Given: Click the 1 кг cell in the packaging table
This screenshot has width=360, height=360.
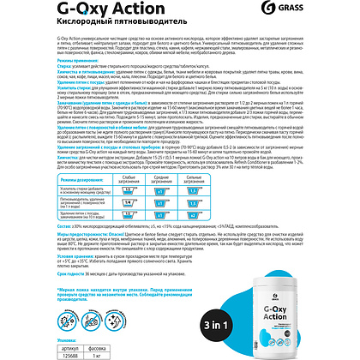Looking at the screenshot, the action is [x=87, y=352].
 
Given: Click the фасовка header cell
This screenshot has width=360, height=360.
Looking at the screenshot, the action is [x=87, y=344].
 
